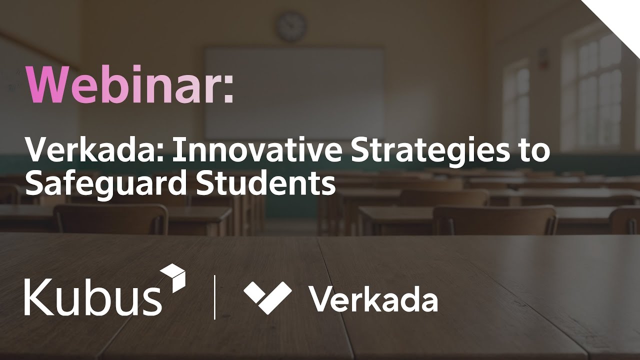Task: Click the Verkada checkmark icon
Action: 267,297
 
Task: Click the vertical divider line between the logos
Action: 215,297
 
